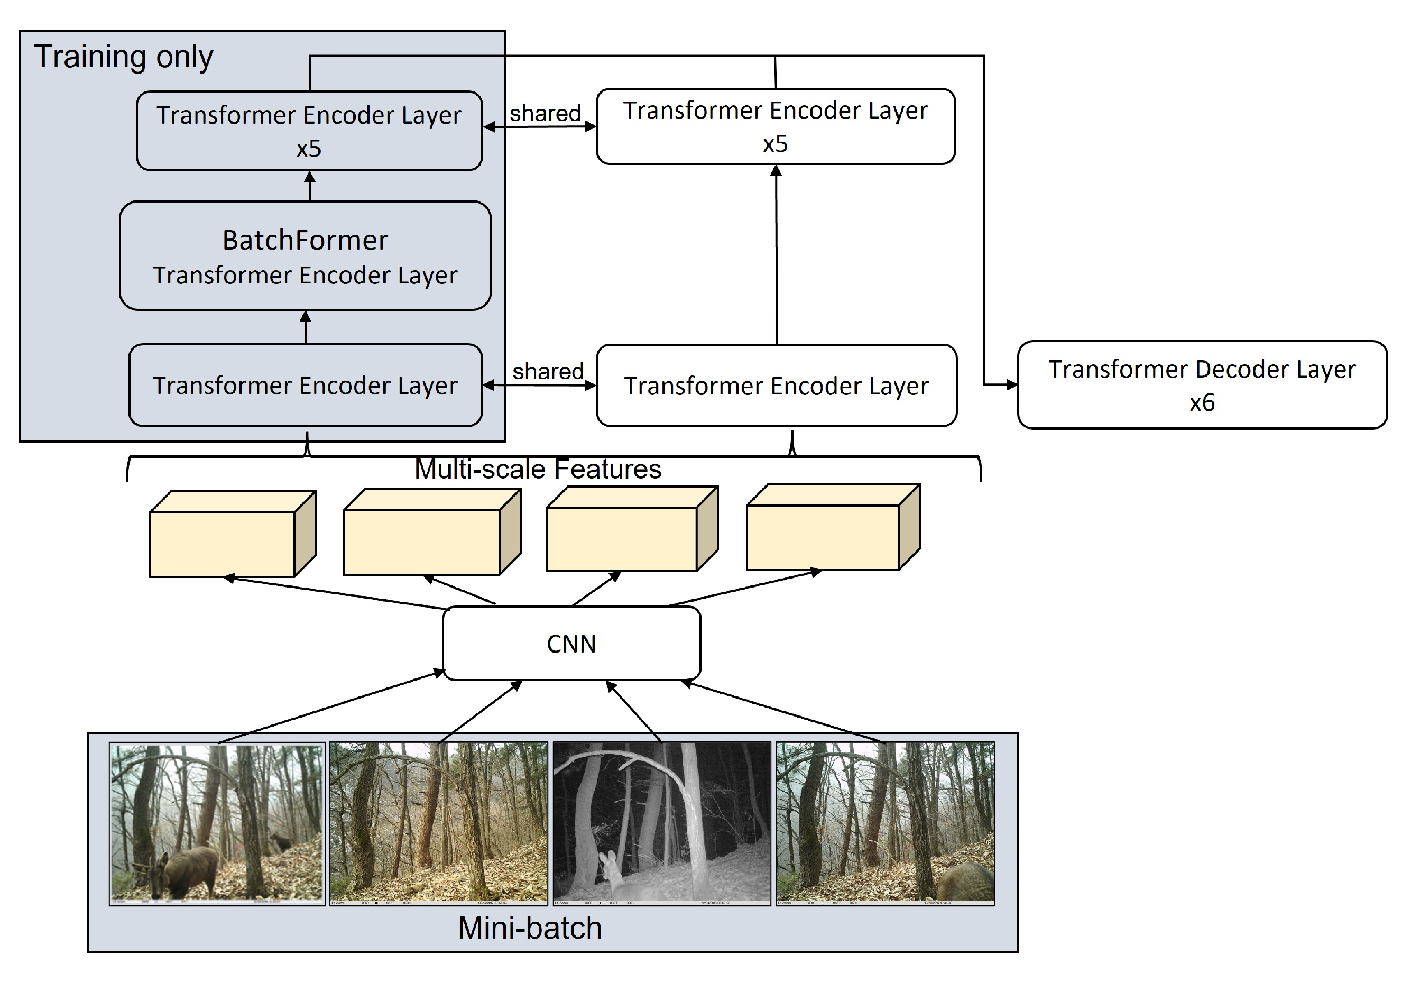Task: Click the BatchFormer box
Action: tap(306, 255)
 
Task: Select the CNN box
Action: tap(571, 644)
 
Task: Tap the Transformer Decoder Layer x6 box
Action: tap(1202, 385)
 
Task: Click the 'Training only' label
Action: tap(123, 57)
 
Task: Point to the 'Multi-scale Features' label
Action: tap(538, 469)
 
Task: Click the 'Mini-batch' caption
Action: tap(529, 928)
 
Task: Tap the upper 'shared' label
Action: tap(545, 113)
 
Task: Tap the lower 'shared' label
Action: tap(548, 371)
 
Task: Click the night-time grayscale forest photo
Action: tap(662, 823)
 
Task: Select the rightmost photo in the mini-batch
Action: tap(885, 823)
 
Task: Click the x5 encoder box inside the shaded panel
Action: tap(309, 131)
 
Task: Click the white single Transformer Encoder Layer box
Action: tap(776, 386)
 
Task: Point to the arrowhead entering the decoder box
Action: tap(1011, 385)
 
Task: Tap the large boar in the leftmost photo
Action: tap(185, 870)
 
